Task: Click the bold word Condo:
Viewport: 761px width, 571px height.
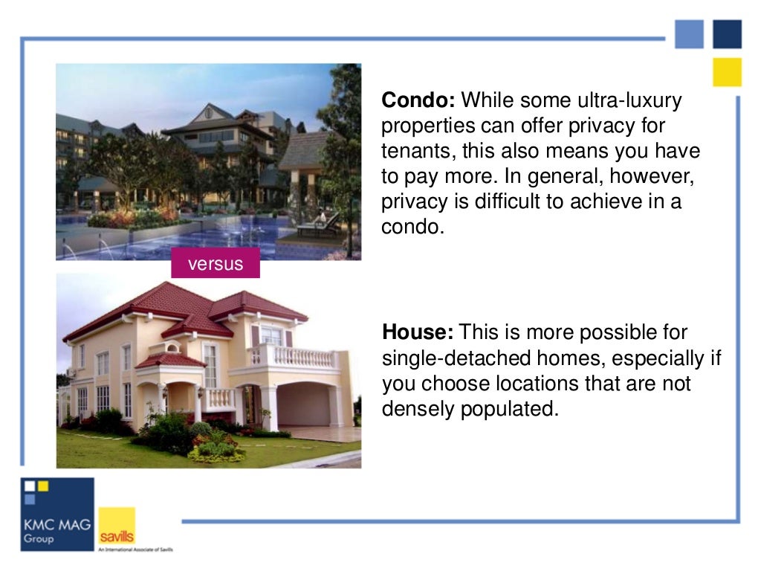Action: click(418, 100)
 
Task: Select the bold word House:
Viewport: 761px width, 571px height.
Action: click(418, 332)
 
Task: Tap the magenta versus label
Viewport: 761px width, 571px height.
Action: click(216, 264)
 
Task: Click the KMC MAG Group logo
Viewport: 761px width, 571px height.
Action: click(57, 514)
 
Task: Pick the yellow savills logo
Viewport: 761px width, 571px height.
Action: click(117, 526)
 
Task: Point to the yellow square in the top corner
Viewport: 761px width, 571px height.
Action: click(727, 72)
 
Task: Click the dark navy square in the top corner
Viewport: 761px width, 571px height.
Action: click(727, 34)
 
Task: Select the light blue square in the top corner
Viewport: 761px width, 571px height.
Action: click(689, 34)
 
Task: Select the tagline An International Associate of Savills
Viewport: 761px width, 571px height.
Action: click(135, 550)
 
